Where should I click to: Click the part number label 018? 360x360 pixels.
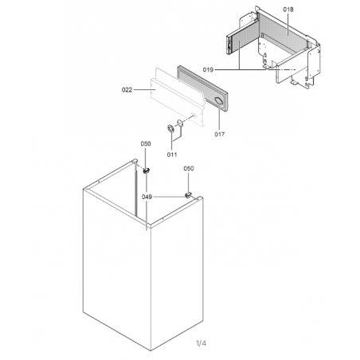288,10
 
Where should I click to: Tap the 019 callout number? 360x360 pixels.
208,69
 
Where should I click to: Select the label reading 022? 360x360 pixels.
127,90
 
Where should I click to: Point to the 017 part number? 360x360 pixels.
220,135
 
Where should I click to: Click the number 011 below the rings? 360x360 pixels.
172,155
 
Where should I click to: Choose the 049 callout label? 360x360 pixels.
147,197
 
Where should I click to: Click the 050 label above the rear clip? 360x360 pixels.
146,143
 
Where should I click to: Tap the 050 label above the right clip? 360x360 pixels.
189,168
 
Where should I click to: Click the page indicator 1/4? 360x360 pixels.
201,343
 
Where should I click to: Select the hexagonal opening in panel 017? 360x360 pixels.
219,101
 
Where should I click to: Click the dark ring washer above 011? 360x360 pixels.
170,128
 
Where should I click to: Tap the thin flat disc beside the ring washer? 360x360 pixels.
180,123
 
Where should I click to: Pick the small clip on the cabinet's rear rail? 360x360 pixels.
146,170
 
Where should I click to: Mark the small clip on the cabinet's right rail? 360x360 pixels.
188,195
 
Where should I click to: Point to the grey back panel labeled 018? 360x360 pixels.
283,32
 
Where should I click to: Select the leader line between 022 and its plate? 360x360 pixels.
144,90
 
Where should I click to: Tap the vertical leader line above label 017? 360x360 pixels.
220,118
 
